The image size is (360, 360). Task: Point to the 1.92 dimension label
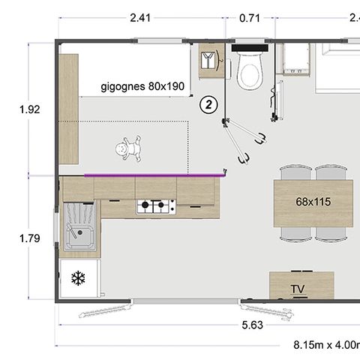[30, 109]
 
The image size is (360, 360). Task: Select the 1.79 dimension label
[30, 240]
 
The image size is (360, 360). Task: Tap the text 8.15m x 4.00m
[327, 345]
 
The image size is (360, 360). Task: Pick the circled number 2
[209, 104]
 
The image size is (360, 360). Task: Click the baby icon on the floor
[130, 148]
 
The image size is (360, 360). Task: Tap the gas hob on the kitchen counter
[155, 205]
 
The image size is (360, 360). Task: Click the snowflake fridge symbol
[77, 279]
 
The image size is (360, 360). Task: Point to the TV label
[298, 289]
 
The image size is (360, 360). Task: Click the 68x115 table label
[313, 202]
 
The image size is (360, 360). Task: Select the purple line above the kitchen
[154, 174]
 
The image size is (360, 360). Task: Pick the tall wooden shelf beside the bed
[69, 109]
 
